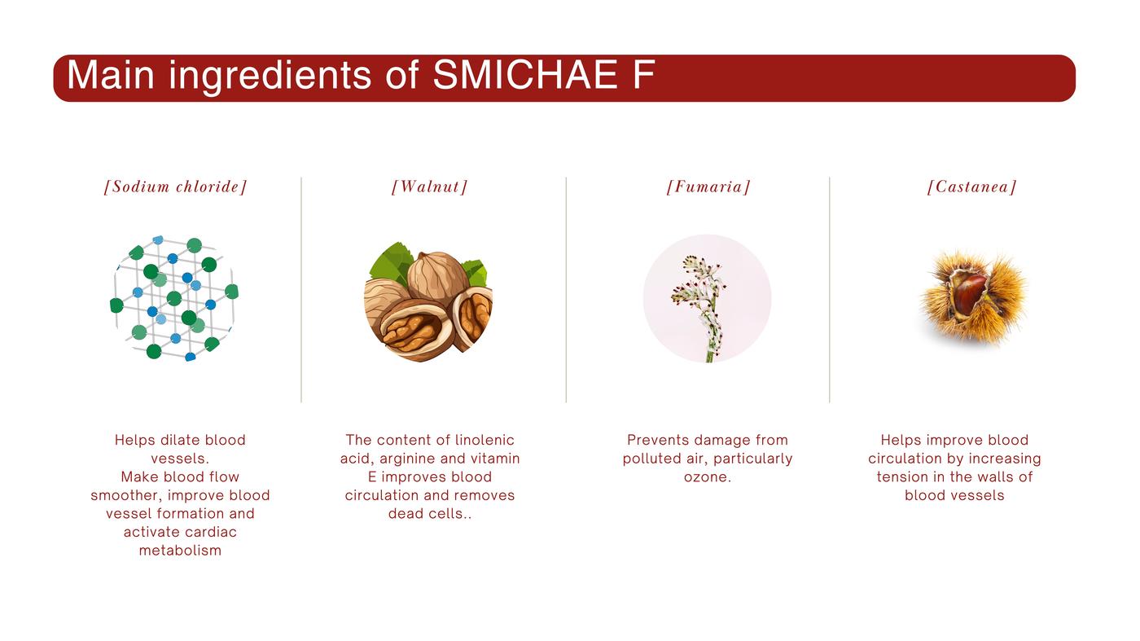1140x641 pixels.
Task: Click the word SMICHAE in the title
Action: (x=525, y=76)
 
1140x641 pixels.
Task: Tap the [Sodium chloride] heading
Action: (x=176, y=187)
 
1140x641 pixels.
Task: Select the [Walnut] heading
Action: (x=430, y=187)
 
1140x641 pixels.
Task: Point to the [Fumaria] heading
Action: (x=708, y=187)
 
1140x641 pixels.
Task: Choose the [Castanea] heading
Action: (x=971, y=187)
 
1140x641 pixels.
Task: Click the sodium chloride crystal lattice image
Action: (x=174, y=298)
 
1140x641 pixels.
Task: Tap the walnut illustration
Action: (x=428, y=301)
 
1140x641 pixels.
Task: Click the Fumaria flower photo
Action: (x=707, y=298)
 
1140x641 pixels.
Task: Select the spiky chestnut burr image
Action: (x=973, y=298)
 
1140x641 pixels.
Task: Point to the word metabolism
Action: (x=180, y=551)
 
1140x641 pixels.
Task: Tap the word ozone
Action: (x=707, y=477)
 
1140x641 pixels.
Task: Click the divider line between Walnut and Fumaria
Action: (x=566, y=290)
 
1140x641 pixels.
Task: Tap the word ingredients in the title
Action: (x=270, y=77)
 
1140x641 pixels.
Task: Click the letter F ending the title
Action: (x=644, y=76)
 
